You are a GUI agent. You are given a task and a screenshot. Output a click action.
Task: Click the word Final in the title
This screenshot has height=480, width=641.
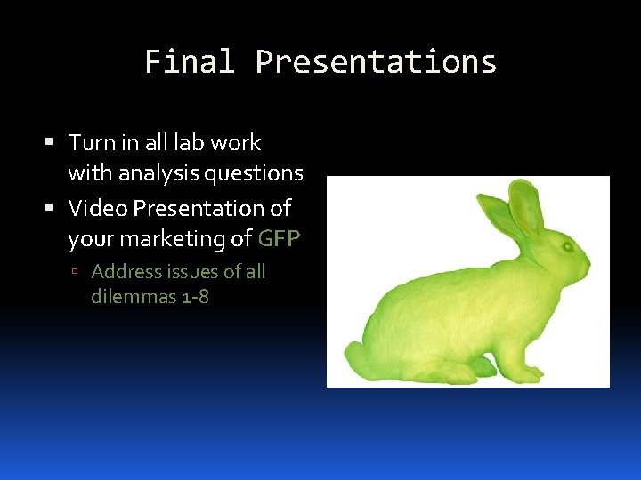pos(190,62)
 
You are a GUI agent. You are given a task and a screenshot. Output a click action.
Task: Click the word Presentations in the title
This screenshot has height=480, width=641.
pos(376,62)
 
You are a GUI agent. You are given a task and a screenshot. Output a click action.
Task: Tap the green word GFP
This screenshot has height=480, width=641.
pos(280,238)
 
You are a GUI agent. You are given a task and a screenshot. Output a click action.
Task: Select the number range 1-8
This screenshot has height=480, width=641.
pos(195,297)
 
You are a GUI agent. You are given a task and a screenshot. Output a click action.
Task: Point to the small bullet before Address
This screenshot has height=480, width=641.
pos(78,272)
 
